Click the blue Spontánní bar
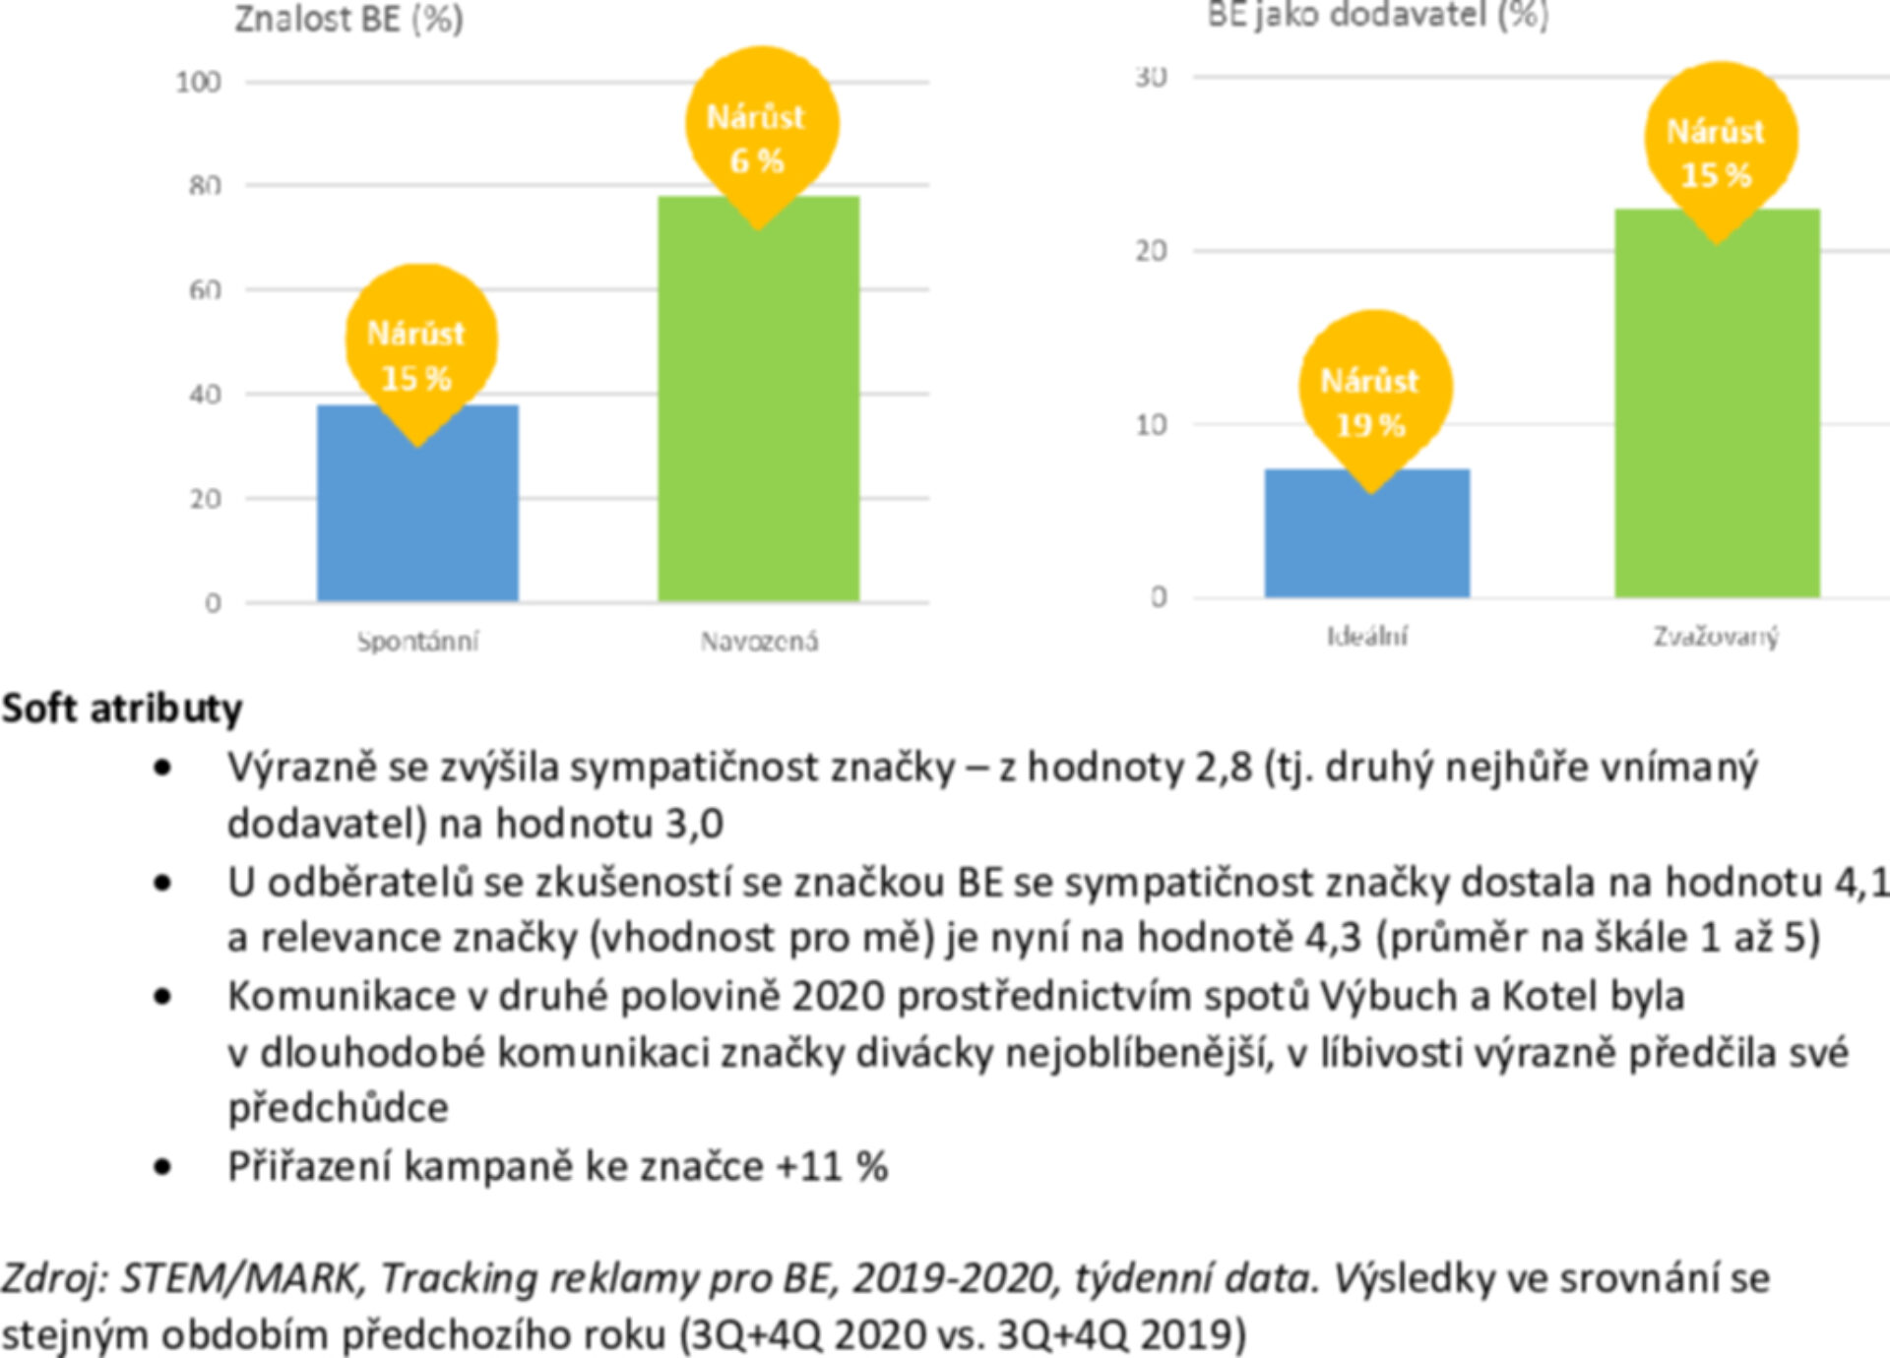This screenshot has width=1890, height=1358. [x=417, y=522]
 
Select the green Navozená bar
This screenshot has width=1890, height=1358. [x=758, y=413]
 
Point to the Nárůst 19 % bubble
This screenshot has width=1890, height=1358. [x=1372, y=394]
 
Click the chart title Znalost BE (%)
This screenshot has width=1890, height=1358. [x=348, y=20]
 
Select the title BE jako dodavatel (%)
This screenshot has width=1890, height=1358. [x=1377, y=15]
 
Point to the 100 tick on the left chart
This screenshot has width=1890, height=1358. [x=199, y=83]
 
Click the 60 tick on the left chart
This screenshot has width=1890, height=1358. [x=205, y=290]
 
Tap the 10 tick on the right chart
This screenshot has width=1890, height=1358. [x=1151, y=425]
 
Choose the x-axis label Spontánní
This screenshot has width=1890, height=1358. [x=417, y=642]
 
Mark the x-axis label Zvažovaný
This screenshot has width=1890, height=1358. [x=1716, y=637]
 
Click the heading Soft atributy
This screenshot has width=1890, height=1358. [x=122, y=709]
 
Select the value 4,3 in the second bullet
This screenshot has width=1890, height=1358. [x=1334, y=937]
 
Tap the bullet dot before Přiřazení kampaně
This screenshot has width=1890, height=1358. [x=163, y=1168]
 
